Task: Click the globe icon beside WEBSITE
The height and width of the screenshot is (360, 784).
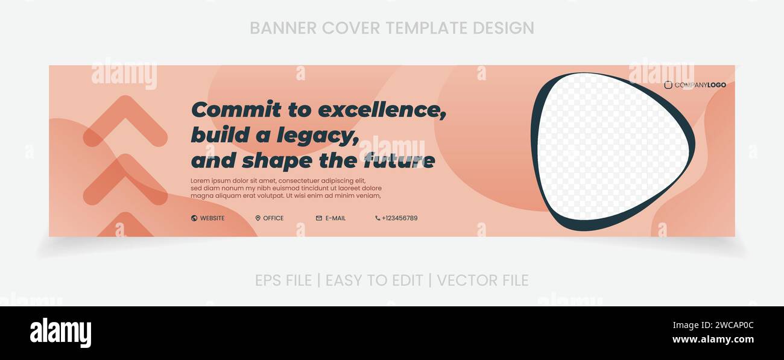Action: click(194, 218)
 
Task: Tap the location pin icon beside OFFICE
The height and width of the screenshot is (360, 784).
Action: click(258, 218)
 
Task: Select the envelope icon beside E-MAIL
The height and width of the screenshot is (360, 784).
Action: click(319, 218)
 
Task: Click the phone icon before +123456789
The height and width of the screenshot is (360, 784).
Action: click(378, 218)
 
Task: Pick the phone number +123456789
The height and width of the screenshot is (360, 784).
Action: click(399, 218)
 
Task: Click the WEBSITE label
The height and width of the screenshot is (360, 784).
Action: click(212, 218)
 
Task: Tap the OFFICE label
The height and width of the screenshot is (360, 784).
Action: click(273, 218)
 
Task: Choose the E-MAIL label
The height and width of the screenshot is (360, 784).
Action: click(335, 218)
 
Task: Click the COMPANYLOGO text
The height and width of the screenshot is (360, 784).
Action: click(700, 85)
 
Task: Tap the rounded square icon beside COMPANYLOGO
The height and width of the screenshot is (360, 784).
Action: click(668, 85)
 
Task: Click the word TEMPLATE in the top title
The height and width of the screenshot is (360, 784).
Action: click(426, 28)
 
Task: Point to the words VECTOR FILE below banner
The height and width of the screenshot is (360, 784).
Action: click(482, 280)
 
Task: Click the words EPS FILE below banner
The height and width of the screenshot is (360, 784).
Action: click(283, 280)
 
